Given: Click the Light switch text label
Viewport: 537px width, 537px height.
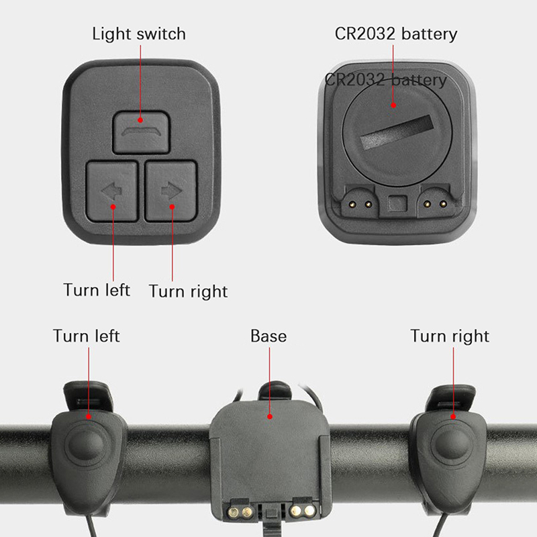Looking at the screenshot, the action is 139,34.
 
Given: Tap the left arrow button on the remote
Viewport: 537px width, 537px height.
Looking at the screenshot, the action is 111,191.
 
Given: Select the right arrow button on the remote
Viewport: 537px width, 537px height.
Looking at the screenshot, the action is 171,191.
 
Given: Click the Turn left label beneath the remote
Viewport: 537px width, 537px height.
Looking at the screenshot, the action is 97,290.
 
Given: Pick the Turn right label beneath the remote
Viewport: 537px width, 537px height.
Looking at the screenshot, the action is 189,291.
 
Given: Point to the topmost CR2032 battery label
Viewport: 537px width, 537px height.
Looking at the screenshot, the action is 396,34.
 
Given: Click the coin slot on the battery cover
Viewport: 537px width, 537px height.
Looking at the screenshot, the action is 397,132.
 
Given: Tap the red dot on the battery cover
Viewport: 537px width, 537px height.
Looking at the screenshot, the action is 393,105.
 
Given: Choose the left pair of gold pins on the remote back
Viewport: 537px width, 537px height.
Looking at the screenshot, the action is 360,205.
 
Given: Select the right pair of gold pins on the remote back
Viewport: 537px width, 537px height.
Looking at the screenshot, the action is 435,205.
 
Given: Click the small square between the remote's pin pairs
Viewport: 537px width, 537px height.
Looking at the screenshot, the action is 397,204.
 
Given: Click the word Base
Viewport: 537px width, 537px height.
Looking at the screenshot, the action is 268,336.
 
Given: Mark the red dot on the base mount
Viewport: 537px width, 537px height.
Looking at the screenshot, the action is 270,416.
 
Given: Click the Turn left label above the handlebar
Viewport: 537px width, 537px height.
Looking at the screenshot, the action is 87,336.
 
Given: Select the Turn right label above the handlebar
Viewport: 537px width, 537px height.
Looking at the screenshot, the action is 450,337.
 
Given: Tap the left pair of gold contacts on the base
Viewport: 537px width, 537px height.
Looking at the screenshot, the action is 240,512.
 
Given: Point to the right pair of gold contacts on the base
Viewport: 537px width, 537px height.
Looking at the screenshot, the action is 303,511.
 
